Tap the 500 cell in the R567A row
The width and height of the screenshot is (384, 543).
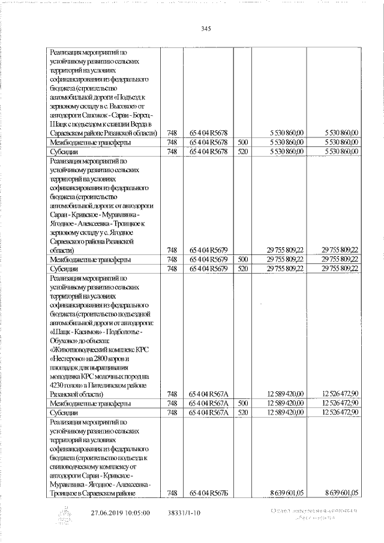242,403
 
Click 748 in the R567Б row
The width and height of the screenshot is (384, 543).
173,493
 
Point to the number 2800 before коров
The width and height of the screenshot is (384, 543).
104,357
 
